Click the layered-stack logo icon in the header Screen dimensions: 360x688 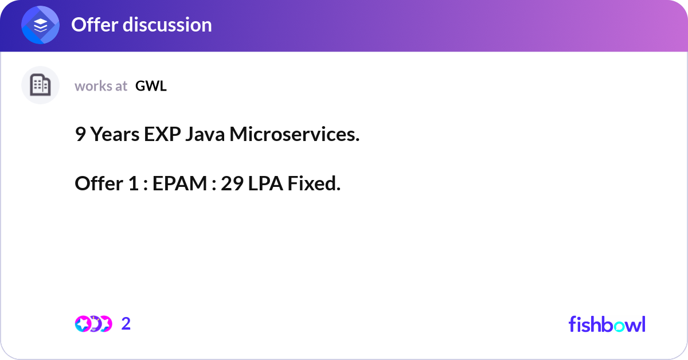[x=41, y=25]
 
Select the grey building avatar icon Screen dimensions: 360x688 [x=40, y=85]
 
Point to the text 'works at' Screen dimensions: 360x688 [x=101, y=86]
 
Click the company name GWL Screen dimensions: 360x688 [x=151, y=86]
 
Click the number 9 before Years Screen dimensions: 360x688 [x=80, y=135]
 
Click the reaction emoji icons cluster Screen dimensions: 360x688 [x=93, y=324]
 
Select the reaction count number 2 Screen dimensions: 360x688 [x=126, y=324]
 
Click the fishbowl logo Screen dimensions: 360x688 [x=607, y=324]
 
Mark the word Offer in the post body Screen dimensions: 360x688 [x=99, y=184]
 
